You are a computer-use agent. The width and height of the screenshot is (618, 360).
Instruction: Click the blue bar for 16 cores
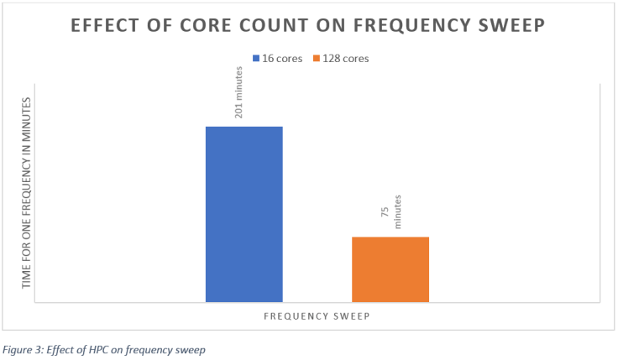click(244, 214)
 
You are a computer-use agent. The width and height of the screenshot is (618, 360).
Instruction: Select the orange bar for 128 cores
click(390, 269)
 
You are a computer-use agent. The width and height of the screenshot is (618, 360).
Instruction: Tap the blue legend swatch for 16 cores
click(256, 59)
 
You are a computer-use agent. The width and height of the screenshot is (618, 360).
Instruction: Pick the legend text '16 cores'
click(282, 59)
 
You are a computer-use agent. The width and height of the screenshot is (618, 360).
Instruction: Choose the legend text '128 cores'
click(347, 59)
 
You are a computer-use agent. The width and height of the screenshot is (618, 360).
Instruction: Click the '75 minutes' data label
click(391, 211)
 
